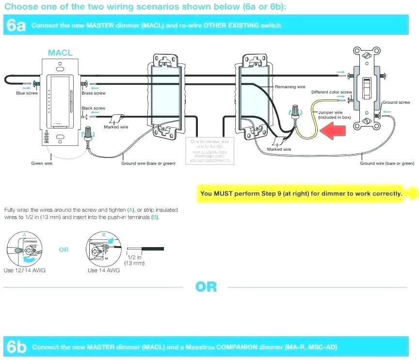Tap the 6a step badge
16,26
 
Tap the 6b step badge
16,347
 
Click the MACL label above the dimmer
60,53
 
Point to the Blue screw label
27,93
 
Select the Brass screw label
93,93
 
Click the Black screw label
93,108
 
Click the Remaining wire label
290,87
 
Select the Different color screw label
331,92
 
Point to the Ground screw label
396,102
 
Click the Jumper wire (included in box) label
334,115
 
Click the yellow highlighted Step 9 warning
301,193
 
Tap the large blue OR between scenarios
206,287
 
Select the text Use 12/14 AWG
24,270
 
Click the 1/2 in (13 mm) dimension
134,260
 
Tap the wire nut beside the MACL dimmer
88,132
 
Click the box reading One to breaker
209,150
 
